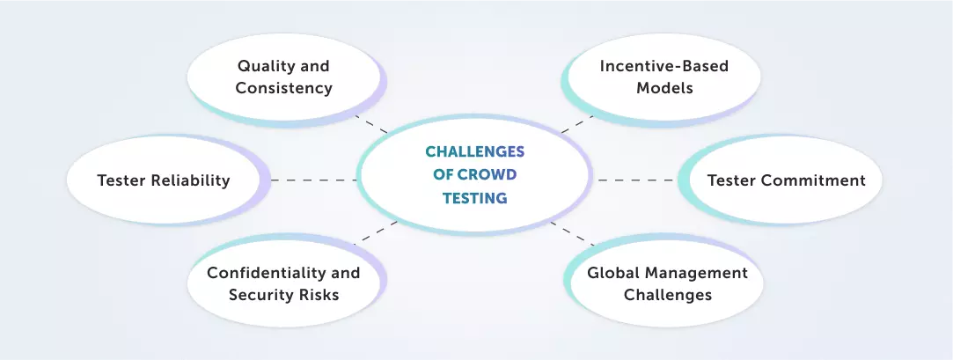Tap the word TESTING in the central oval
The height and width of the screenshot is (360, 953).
[477, 199]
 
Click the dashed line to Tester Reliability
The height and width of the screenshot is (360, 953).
[313, 180]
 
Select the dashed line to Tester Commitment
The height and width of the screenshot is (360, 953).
[637, 180]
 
